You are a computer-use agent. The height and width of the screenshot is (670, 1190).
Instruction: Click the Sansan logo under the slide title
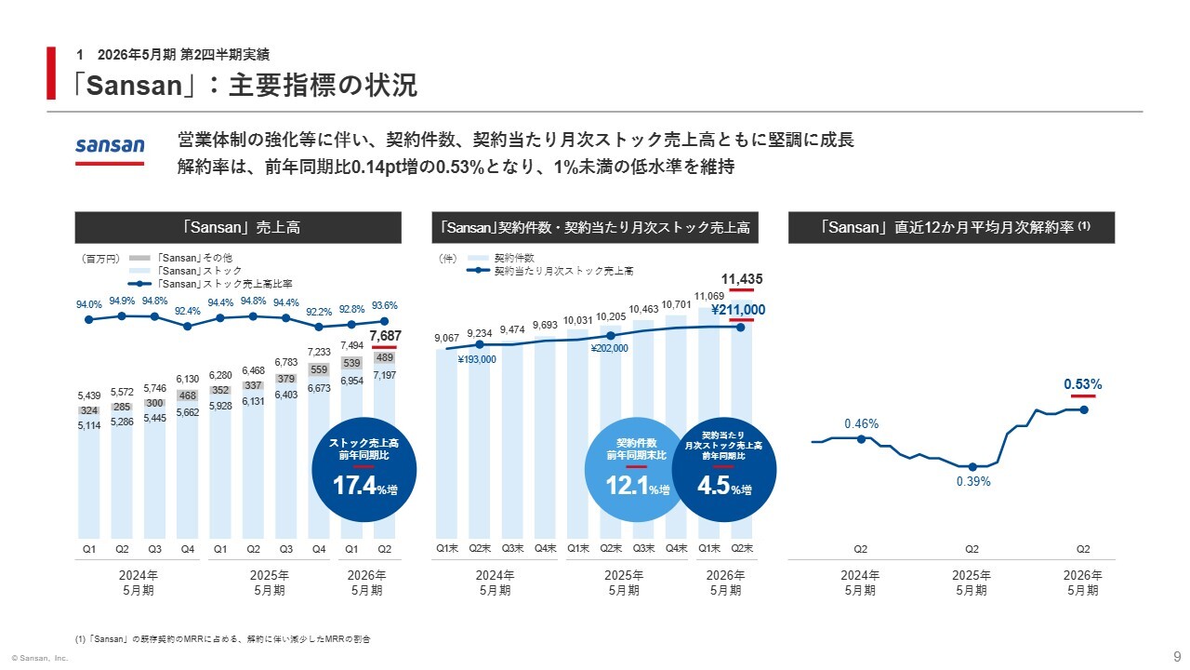[x=110, y=146]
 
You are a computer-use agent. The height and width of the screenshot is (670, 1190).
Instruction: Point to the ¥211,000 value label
[x=738, y=310]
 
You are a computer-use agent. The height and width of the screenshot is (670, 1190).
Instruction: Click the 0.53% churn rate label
[x=1083, y=384]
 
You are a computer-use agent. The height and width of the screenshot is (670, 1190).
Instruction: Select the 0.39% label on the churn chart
[x=973, y=482]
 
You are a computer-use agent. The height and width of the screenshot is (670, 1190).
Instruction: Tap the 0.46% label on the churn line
[x=861, y=423]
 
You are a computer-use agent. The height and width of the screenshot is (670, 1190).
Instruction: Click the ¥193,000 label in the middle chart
[x=476, y=359]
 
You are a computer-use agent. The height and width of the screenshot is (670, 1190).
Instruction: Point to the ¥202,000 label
[x=609, y=348]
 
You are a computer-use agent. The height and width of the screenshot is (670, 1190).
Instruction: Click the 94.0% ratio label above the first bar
[x=88, y=303]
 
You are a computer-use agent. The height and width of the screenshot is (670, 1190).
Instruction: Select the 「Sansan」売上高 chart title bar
[x=238, y=228]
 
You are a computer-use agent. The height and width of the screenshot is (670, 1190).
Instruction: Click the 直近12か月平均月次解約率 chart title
[x=951, y=228]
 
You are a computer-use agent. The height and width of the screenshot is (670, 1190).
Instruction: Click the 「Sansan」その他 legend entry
[x=192, y=258]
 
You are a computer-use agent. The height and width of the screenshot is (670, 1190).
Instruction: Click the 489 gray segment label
[x=384, y=356]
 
